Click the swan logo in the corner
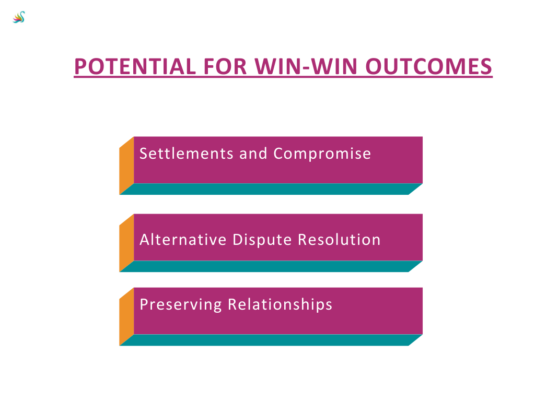pyautogui.click(x=19, y=17)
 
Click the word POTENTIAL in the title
pyautogui.click(x=135, y=66)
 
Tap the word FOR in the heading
pyautogui.click(x=225, y=66)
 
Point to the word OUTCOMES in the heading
pyautogui.click(x=428, y=66)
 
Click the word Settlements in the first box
pyautogui.click(x=187, y=154)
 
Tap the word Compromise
pyautogui.click(x=322, y=154)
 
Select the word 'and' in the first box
pyautogui.click(x=253, y=154)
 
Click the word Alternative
pyautogui.click(x=183, y=239)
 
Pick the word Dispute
pyautogui.click(x=262, y=240)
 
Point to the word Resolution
pyautogui.click(x=339, y=239)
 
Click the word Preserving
pyautogui.click(x=180, y=305)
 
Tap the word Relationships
pyautogui.click(x=280, y=305)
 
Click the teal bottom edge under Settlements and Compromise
pyautogui.click(x=271, y=189)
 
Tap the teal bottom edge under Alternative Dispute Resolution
pyautogui.click(x=271, y=266)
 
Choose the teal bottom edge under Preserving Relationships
pyautogui.click(x=271, y=340)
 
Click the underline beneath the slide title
pyautogui.click(x=283, y=77)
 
